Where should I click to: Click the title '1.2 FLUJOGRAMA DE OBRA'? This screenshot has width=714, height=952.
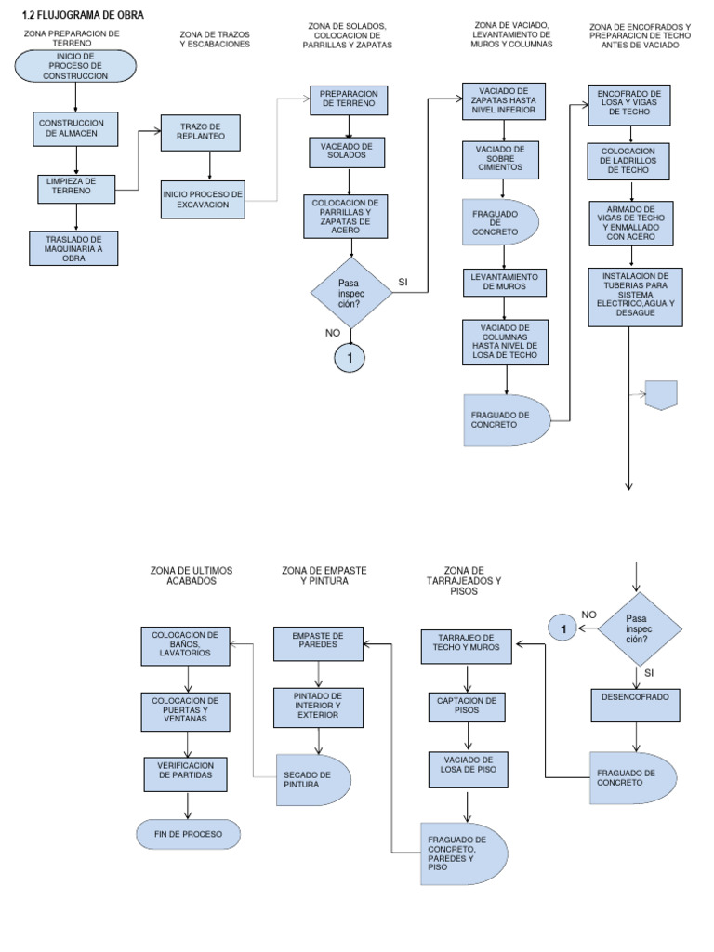click(83, 14)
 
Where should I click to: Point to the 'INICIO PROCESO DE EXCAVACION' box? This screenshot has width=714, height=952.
click(202, 199)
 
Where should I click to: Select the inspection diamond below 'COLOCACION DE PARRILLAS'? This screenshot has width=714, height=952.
click(350, 292)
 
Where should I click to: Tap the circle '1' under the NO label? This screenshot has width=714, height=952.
click(350, 357)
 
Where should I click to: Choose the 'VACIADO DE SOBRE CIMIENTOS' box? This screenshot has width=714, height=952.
click(506, 159)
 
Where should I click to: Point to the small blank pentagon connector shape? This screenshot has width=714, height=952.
click(661, 394)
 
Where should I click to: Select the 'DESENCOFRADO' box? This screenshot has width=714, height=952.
click(636, 703)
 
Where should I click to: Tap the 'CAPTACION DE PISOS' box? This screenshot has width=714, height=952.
click(468, 706)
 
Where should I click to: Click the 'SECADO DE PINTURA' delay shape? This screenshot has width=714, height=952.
click(311, 779)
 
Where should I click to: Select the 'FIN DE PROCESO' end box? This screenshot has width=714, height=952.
click(188, 834)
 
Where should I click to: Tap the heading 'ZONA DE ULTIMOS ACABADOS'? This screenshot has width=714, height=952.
click(192, 575)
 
